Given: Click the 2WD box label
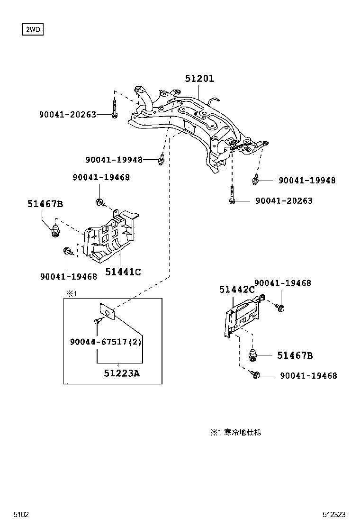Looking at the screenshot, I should pyautogui.click(x=33, y=30).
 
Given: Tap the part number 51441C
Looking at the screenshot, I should pyautogui.click(x=123, y=272).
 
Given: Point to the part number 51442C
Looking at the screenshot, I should pyautogui.click(x=237, y=289).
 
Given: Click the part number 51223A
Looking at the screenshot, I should pyautogui.click(x=122, y=373).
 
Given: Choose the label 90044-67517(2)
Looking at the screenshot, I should pyautogui.click(x=105, y=342).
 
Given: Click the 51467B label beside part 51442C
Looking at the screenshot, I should pyautogui.click(x=295, y=355).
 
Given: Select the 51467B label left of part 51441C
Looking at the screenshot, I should pyautogui.click(x=45, y=204).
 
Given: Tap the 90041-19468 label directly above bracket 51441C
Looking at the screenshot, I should pyautogui.click(x=101, y=177).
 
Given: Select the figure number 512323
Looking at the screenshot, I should pyautogui.click(x=334, y=514).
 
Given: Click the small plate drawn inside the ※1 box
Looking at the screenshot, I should pyautogui.click(x=108, y=313).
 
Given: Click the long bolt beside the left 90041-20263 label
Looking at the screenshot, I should pyautogui.click(x=115, y=108).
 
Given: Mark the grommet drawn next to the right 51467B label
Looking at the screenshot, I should pyautogui.click(x=253, y=355).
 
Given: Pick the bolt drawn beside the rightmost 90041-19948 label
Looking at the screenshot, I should pyautogui.click(x=256, y=180).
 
